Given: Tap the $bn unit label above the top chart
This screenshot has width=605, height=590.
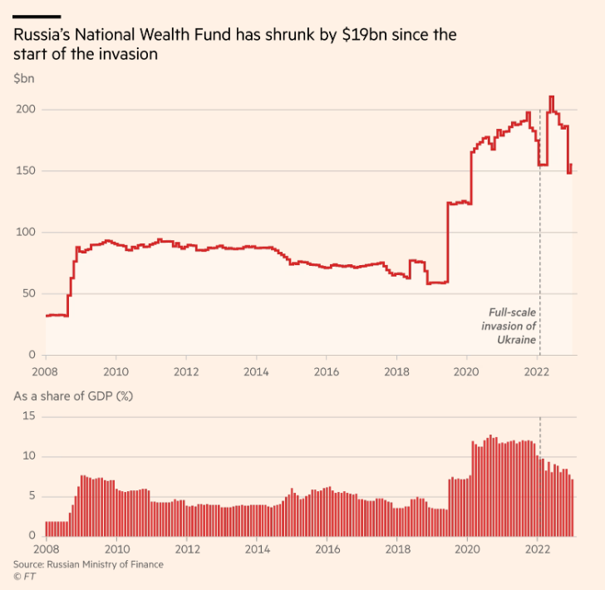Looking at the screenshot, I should tap(23, 78).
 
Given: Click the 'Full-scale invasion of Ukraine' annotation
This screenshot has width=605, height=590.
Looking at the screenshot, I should tap(510, 326).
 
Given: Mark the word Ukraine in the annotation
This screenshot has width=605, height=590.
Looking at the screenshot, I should tap(516, 340).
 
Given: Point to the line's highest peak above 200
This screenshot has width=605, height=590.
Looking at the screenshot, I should tap(551, 97).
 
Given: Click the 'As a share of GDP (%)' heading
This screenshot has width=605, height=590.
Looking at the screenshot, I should tap(74, 396).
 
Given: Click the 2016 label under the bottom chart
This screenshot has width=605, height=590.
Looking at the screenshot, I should tap(327, 550).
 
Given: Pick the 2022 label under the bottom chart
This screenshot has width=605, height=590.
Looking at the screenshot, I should tap(538, 550).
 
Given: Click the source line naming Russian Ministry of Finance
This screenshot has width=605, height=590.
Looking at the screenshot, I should tap(88, 564).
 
